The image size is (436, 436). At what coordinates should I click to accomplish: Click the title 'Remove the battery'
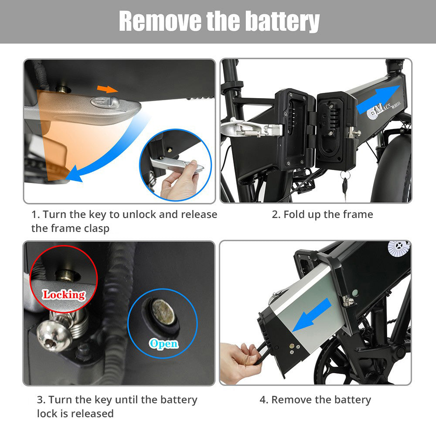tap(219, 21)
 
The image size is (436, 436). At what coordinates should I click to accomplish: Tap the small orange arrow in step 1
tap(107, 89)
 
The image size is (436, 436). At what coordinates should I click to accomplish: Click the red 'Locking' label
tap(64, 295)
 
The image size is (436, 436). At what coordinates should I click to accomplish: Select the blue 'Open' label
tap(164, 344)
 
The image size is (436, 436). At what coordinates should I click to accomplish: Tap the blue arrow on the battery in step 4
tap(312, 315)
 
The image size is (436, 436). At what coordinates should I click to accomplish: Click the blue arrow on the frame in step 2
tap(378, 99)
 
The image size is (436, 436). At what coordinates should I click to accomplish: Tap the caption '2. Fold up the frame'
tap(323, 215)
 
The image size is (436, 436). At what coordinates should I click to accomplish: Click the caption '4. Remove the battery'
tap(315, 400)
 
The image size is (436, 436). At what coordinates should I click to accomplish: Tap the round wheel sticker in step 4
tap(398, 248)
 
